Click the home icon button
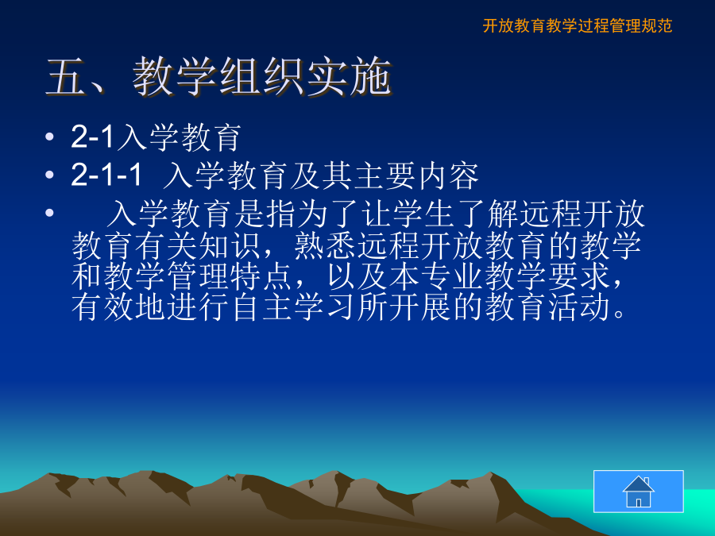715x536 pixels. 639,492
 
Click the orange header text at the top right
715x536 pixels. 578,25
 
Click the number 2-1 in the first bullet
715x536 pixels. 92,137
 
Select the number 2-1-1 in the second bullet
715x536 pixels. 106,175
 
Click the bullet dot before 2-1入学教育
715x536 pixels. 50,137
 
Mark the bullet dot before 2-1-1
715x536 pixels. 50,175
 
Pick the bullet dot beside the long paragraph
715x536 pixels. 50,213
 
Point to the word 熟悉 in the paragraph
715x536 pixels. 325,245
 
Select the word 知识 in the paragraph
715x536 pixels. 230,245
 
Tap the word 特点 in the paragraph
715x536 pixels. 261,276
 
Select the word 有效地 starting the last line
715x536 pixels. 118,307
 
